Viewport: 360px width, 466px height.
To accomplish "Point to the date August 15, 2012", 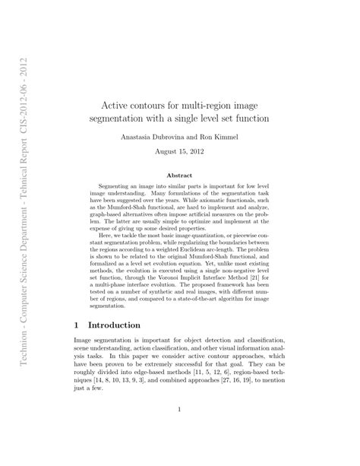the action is point(179,151).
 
